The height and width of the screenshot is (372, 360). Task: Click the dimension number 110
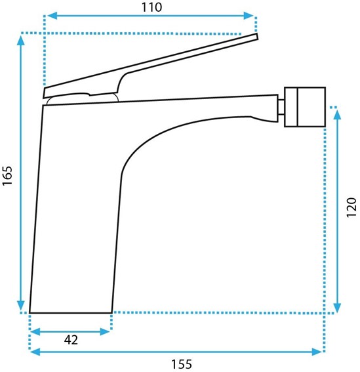coord(151,7)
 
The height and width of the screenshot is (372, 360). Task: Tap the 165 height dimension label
coord(7,176)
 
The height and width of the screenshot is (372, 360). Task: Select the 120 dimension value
coord(351,207)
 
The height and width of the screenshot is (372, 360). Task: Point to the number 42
coord(71,340)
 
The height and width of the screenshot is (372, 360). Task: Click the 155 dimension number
coord(182,364)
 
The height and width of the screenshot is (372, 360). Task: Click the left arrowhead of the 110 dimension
coord(52,16)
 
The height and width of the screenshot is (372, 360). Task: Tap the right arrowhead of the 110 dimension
coord(249,16)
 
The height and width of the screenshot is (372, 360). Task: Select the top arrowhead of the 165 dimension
coord(21,40)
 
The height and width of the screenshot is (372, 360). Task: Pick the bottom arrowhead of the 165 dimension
coord(21,305)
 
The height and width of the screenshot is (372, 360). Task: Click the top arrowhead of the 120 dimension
coord(337,114)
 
